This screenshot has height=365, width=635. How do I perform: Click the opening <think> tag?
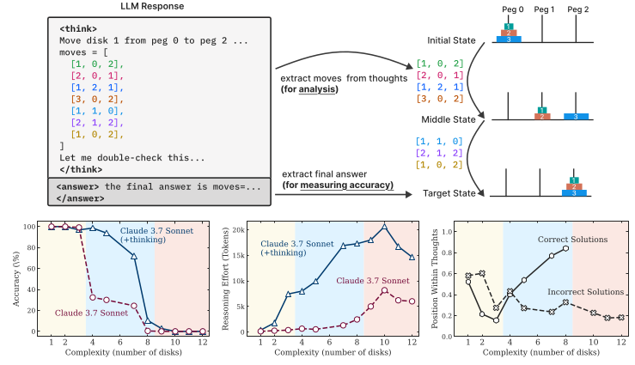point(79,28)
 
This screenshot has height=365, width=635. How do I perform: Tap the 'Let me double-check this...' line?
point(133,158)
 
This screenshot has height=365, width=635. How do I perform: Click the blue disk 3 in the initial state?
point(509,39)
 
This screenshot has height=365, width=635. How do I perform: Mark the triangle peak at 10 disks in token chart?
point(386,227)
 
